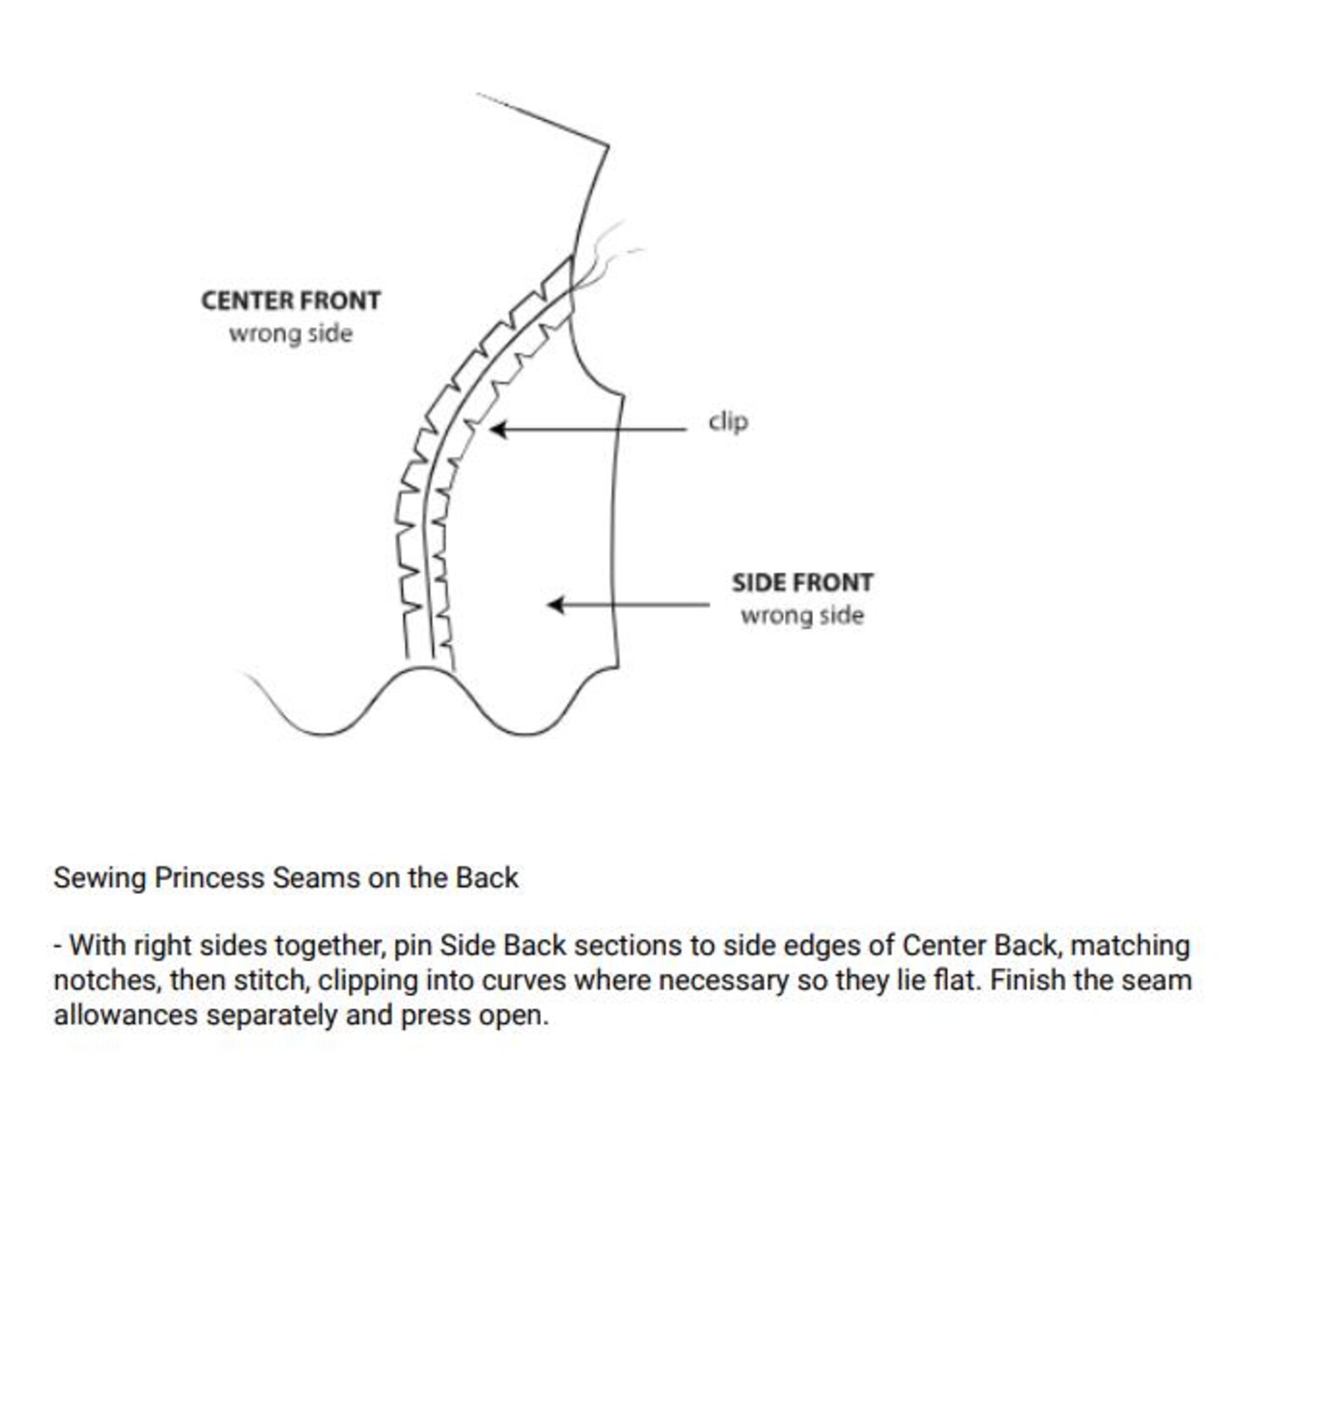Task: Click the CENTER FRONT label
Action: click(x=290, y=300)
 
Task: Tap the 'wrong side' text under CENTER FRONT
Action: click(x=290, y=333)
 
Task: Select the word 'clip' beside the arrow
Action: click(x=727, y=421)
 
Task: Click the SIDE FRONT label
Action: click(x=802, y=583)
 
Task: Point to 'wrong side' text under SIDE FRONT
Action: click(x=802, y=616)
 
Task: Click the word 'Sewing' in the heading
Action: click(x=99, y=878)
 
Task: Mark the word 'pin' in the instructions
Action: click(x=412, y=945)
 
